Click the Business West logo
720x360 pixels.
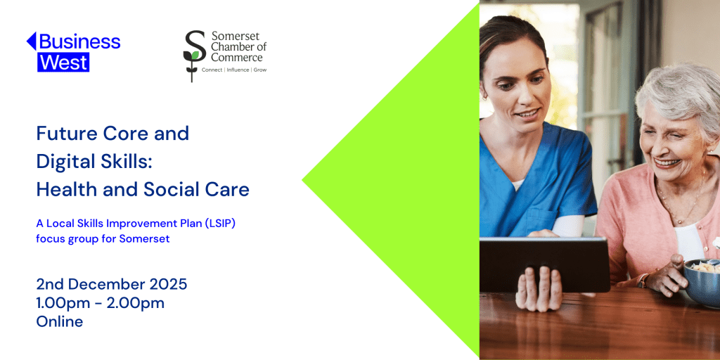coord(73,51)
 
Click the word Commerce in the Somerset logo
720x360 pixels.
coord(236,58)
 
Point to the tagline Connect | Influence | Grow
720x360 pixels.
coord(234,70)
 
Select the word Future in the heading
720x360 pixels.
coord(63,133)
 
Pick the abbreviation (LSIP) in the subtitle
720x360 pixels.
coord(224,224)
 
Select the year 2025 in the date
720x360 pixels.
coord(168,284)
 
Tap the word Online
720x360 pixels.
coord(60,321)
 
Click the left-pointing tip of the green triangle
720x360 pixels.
coord(304,180)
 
